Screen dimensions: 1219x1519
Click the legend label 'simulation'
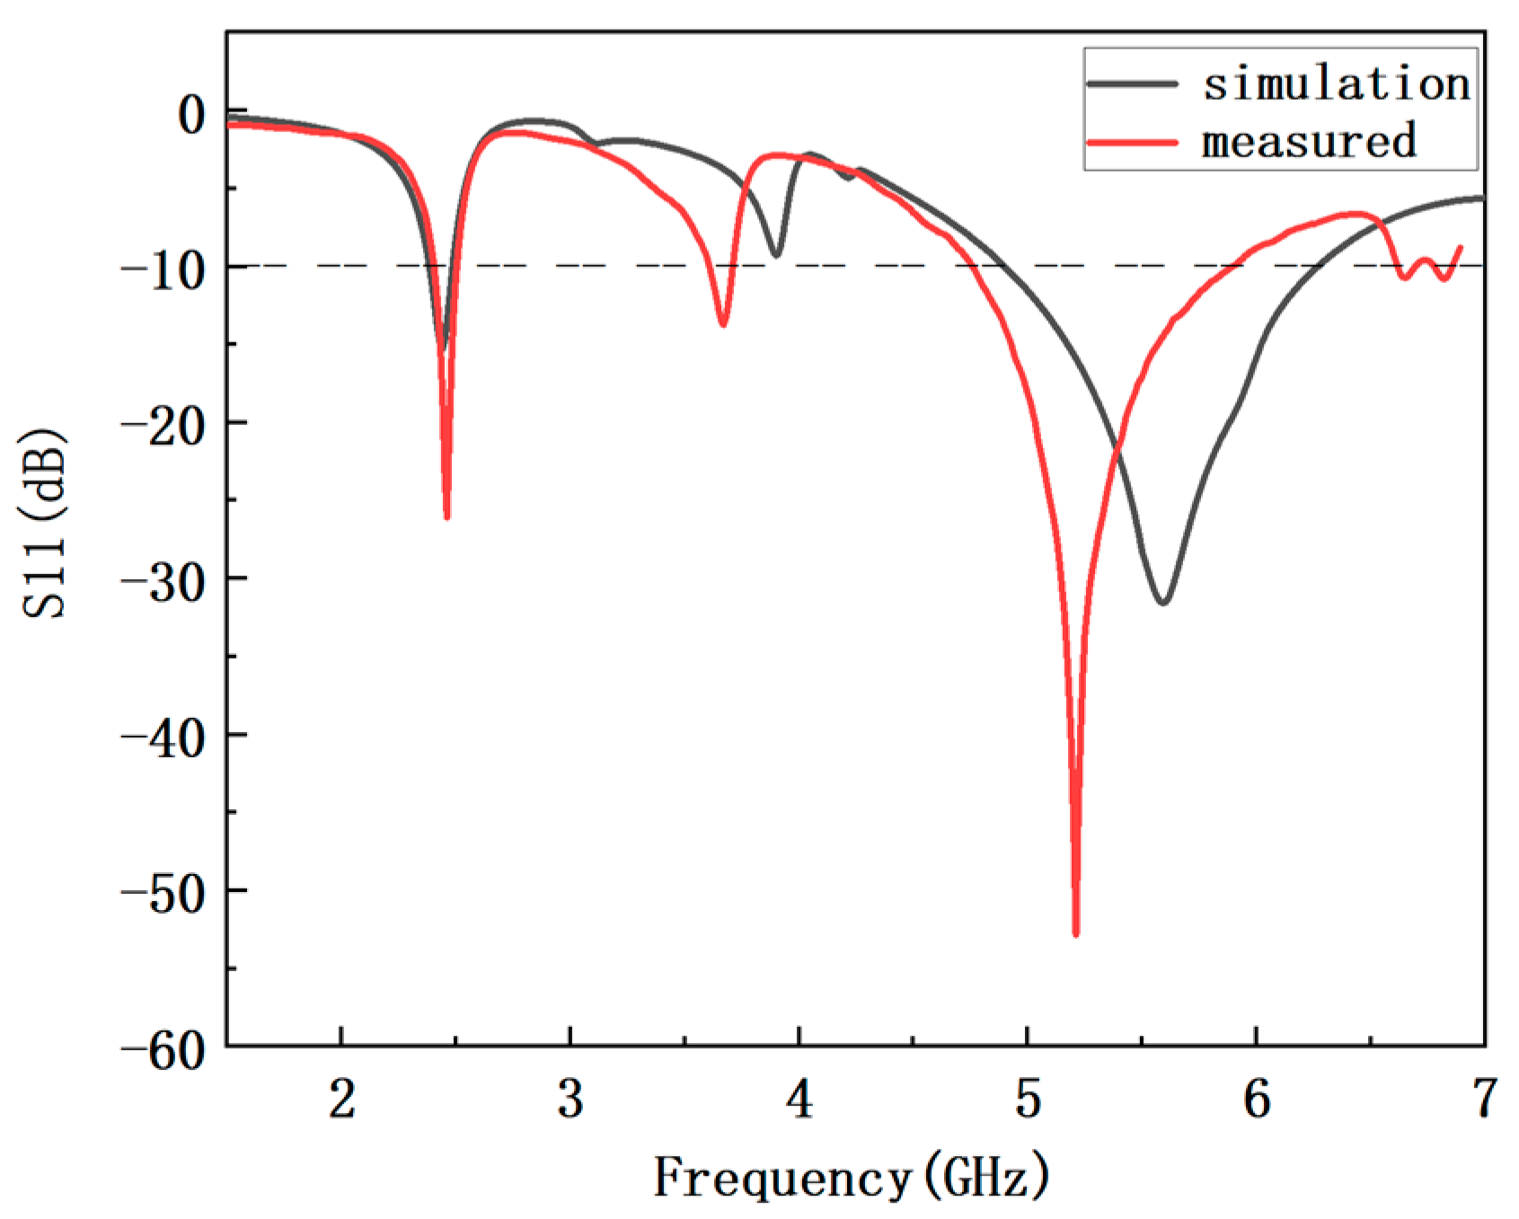tap(1337, 84)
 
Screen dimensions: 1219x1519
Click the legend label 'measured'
tap(1310, 141)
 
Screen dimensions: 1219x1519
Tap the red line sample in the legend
tap(1132, 142)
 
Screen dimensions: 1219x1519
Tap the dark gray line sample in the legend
tap(1132, 84)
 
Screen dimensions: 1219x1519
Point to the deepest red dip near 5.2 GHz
tap(1075, 932)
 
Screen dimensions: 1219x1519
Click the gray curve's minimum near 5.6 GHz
tap(1163, 602)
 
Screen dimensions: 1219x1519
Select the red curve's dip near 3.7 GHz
tap(722, 323)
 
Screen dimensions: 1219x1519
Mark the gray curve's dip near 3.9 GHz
tap(777, 255)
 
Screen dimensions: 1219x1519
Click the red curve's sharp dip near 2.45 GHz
tap(446, 517)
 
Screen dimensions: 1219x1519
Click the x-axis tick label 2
tap(341, 1098)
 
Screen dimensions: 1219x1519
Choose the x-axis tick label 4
tap(799, 1098)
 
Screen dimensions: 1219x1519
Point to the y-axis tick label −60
tap(164, 1048)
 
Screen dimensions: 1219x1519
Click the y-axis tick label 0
tap(191, 114)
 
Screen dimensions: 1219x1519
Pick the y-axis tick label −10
tap(164, 269)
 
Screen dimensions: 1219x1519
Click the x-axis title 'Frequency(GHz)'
tap(851, 1177)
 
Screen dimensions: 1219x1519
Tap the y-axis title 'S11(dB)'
tap(44, 525)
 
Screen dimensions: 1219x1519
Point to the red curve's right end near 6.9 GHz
tap(1460, 247)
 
